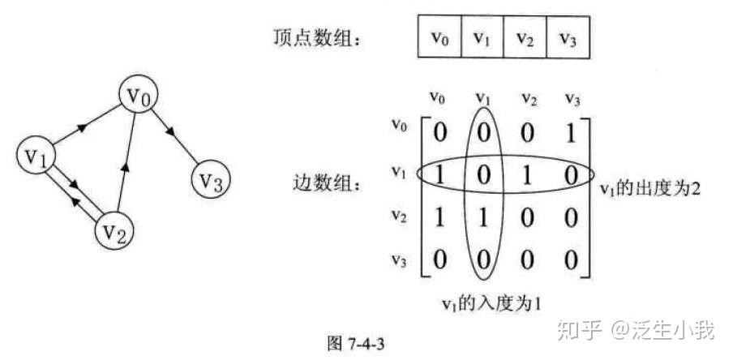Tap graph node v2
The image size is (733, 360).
115,234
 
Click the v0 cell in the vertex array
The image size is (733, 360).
439,37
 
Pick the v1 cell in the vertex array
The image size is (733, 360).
482,37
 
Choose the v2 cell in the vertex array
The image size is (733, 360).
525,37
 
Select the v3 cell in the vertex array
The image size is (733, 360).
568,37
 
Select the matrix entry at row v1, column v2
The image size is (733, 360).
528,175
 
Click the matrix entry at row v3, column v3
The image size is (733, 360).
572,261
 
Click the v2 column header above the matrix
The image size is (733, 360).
529,99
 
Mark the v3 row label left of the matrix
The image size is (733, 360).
397,261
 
